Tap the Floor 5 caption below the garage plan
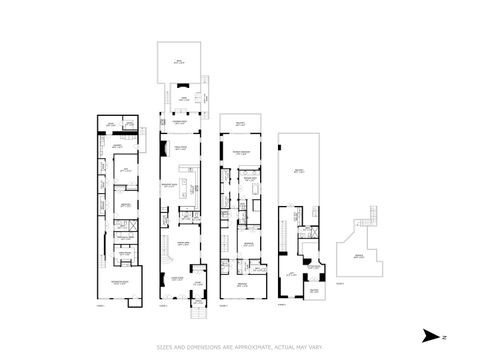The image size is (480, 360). coord(340,283)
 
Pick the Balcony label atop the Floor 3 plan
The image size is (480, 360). coord(240,123)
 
